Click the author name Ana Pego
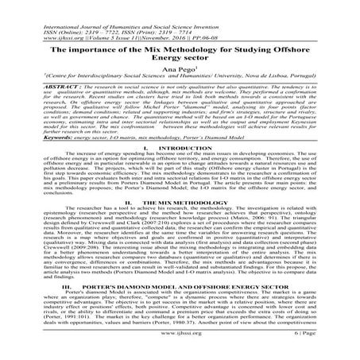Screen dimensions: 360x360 coord(180,68)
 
